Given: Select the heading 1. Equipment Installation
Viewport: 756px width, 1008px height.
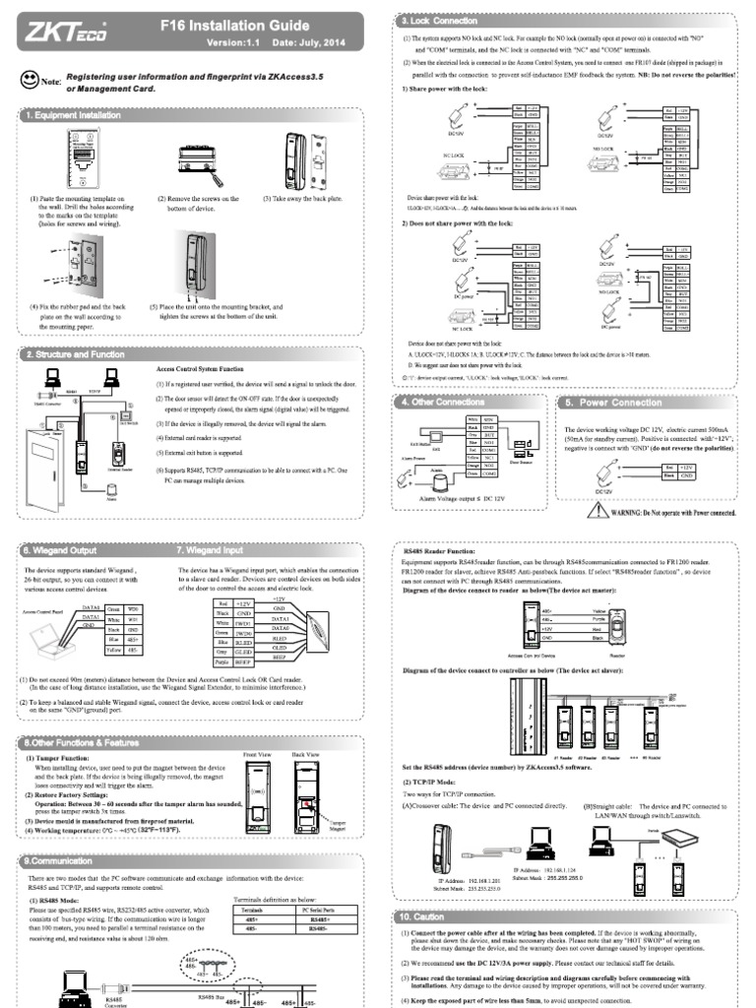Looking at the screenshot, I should click(x=75, y=115).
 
